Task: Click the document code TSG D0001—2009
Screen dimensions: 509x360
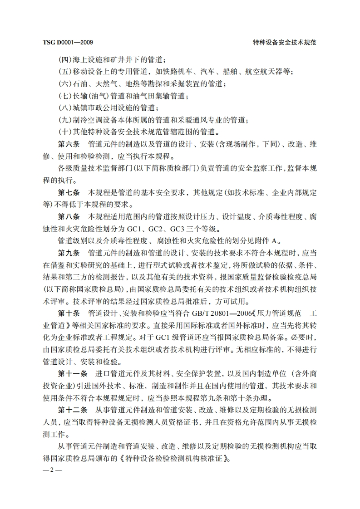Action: coord(68,42)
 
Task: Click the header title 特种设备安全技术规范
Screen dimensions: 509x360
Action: coord(284,42)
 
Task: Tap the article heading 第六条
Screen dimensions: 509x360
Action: coord(69,145)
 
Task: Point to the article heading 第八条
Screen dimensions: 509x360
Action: coord(69,216)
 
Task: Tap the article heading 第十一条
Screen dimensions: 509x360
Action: coord(72,373)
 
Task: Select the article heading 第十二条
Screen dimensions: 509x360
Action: coord(72,409)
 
